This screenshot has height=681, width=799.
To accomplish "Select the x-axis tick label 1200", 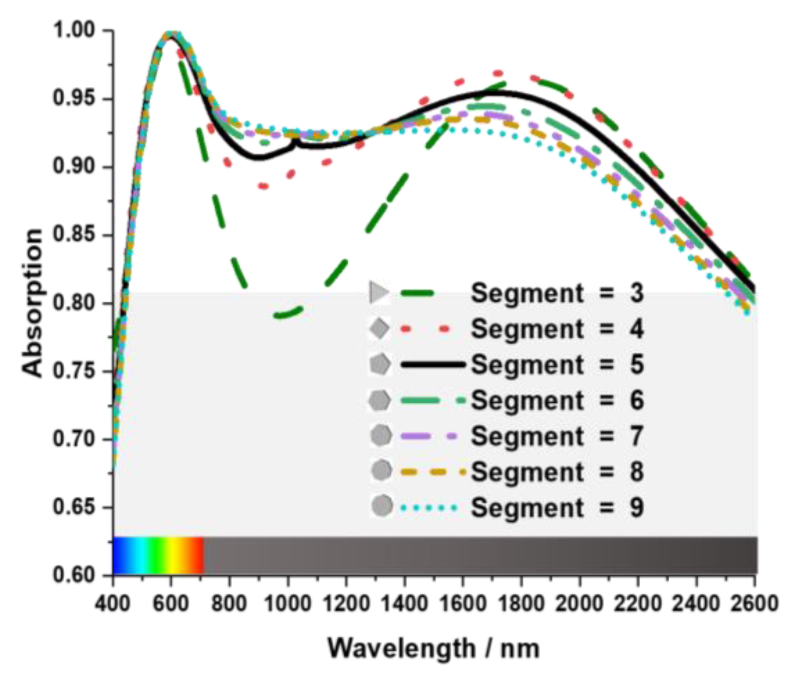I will coord(346,603).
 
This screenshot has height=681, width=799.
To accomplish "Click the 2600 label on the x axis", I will coord(754,603).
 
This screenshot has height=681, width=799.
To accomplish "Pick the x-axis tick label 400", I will coord(113,603).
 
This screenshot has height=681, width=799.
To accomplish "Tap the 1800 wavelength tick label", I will coord(521,603).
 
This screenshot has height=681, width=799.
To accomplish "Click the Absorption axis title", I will coord(32,303).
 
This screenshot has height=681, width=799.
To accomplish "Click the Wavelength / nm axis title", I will coord(433,648).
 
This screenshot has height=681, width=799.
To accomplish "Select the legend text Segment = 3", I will coord(557,293).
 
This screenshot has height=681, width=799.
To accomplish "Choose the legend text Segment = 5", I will coord(557,364).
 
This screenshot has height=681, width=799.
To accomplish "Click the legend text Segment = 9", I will coord(557,508).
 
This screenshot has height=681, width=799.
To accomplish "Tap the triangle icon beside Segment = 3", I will coord(379,293).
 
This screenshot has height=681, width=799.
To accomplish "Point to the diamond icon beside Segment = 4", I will coord(380,329).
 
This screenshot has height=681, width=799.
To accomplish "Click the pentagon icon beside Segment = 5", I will coord(380,364).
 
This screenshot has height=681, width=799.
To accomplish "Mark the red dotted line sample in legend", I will coord(425,329).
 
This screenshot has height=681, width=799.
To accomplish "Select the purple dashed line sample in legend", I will coord(429,436).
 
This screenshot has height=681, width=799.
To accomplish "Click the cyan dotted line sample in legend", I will coord(429,508).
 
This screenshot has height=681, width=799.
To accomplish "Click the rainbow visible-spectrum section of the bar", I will coord(158,555).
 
